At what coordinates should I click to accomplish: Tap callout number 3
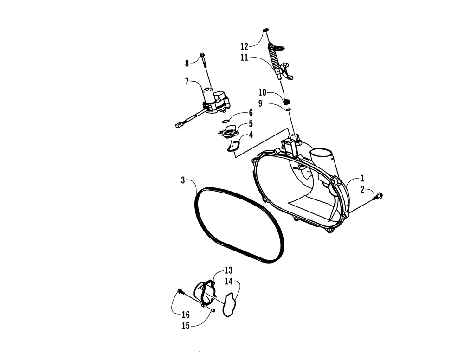click(183, 180)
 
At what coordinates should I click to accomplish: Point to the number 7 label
click(187, 82)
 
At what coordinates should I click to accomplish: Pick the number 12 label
click(245, 46)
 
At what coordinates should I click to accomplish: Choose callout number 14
click(228, 281)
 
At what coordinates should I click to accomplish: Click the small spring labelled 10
click(287, 102)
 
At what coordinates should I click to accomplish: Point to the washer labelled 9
click(288, 110)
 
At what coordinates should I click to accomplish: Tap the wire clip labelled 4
click(232, 148)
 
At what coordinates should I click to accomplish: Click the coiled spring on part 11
click(275, 58)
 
